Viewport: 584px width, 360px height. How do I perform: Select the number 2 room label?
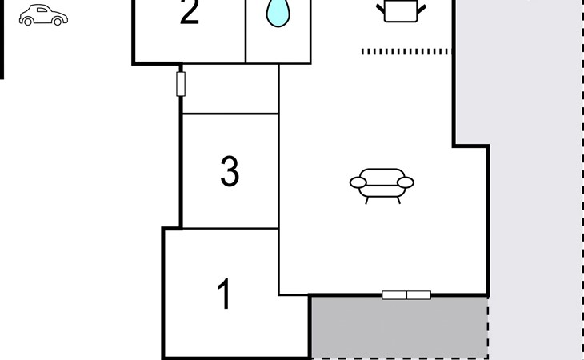point(189,14)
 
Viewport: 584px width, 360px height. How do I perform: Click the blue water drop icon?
point(277,13)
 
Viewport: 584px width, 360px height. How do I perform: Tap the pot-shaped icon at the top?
point(400,10)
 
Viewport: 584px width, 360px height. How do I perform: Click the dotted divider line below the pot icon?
point(406,51)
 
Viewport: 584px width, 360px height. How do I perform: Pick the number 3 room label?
point(230,172)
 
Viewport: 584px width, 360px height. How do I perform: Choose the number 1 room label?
point(225,294)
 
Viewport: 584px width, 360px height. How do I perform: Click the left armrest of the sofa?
point(358,183)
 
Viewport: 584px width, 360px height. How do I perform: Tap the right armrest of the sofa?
point(405,183)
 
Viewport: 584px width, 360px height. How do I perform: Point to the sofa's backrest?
point(382,174)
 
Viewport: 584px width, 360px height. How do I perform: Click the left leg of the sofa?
point(366,199)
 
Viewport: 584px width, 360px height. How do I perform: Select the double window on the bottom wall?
point(406,295)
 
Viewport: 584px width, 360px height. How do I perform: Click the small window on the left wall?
point(181,84)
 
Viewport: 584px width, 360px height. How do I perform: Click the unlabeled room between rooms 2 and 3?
point(230,90)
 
